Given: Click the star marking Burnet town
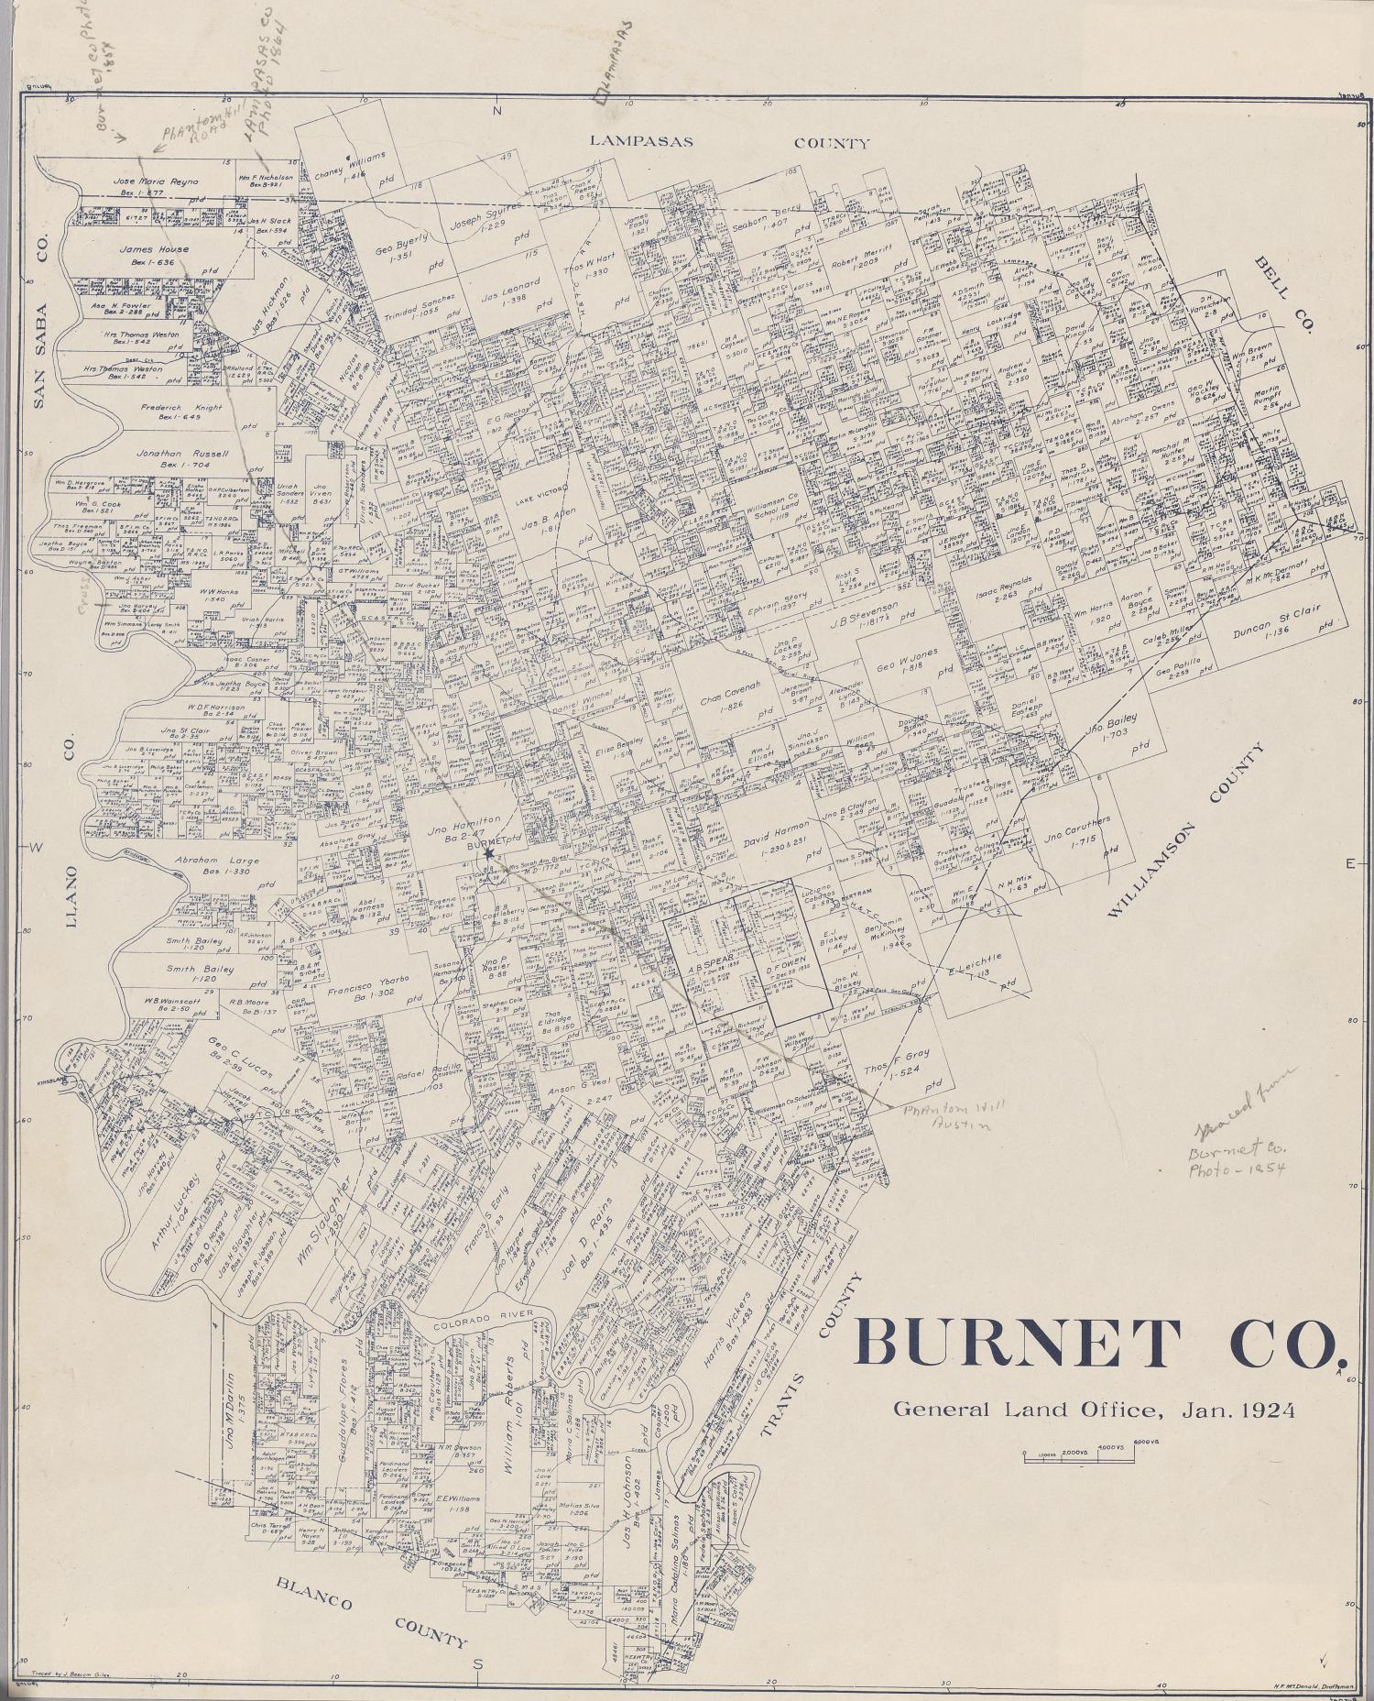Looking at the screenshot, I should pos(489,854).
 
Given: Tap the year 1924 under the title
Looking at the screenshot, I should pos(1268,1410).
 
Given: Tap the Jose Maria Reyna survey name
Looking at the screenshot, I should pos(155,181).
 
